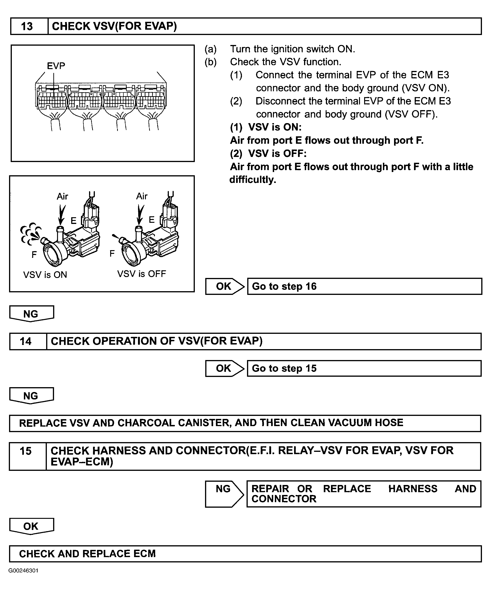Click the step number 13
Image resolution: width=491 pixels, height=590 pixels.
point(27,26)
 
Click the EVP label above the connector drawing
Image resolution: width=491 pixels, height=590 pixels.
point(56,66)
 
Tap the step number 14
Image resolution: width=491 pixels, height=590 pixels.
point(26,341)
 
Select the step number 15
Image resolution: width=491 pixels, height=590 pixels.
point(26,451)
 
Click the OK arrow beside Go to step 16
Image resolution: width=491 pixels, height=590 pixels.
point(224,286)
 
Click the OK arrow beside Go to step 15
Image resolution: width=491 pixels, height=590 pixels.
point(224,368)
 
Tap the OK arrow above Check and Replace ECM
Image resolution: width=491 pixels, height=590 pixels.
point(31,526)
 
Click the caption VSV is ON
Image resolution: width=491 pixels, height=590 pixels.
point(45,274)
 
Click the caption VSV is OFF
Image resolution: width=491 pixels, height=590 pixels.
point(141,274)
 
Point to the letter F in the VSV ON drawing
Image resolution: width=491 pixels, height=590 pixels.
point(34,255)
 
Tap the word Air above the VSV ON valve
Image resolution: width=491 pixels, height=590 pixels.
point(62,196)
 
